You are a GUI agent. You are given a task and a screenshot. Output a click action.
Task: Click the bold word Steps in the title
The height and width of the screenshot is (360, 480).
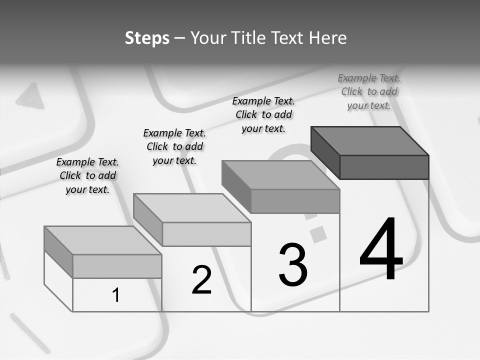147,38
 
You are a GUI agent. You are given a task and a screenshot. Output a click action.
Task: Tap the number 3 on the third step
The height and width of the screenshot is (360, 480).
293,264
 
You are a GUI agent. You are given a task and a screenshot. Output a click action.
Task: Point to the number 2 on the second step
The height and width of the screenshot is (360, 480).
201,280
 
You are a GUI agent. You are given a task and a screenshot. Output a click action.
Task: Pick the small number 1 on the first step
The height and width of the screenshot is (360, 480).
116,295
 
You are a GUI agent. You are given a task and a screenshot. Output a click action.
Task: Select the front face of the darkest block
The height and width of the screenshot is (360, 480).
384,167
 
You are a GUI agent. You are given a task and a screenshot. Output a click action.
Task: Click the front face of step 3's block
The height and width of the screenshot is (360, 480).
295,201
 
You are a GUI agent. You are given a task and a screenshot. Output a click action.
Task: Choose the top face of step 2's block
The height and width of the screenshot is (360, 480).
192,208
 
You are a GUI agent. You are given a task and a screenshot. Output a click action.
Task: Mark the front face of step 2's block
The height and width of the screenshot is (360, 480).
206,234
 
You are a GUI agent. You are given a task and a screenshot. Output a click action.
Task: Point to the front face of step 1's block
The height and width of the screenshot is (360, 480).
117,266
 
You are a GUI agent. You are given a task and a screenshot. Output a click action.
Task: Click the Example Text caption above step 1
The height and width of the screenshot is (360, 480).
87,175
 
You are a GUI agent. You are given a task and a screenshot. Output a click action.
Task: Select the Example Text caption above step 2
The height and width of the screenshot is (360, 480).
174,146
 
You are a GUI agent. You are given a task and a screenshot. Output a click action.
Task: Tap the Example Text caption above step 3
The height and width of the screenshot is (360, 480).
263,114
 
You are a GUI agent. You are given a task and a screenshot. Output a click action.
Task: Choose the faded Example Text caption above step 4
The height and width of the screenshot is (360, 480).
369,91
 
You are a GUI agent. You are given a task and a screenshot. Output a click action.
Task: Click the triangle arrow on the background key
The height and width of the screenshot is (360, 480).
31,96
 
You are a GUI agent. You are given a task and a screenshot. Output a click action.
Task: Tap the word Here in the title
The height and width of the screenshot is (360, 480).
328,38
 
